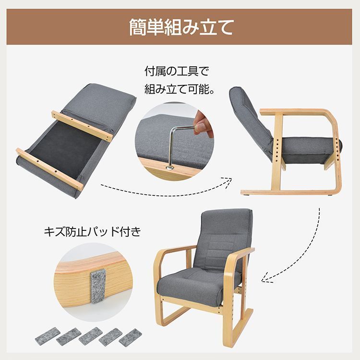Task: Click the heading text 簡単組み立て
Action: [x=180, y=27]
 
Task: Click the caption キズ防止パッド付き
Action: [x=93, y=232]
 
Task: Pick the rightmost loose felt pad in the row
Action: [x=131, y=337]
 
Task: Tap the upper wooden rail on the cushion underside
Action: [x=82, y=125]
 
